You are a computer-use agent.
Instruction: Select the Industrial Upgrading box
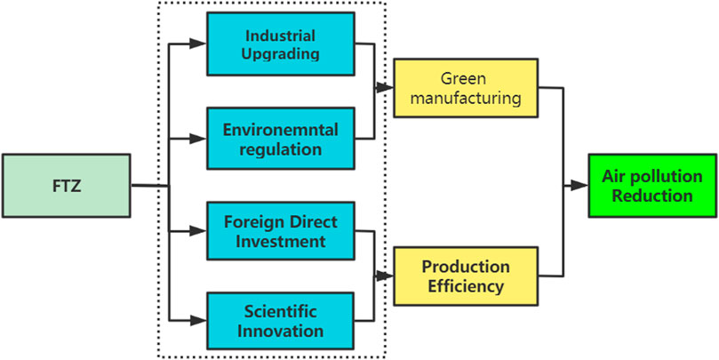(280, 45)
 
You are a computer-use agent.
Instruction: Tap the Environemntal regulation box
(280, 138)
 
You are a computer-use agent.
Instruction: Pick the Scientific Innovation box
(280, 321)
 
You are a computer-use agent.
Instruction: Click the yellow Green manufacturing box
(466, 88)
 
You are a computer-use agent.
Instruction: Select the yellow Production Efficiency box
(466, 276)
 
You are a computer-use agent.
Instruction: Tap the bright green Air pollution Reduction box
(651, 186)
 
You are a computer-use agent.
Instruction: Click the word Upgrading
(280, 55)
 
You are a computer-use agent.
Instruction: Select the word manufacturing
(466, 98)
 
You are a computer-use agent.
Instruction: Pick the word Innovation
(280, 331)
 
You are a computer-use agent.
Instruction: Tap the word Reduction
(651, 196)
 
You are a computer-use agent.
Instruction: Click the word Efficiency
(466, 285)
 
